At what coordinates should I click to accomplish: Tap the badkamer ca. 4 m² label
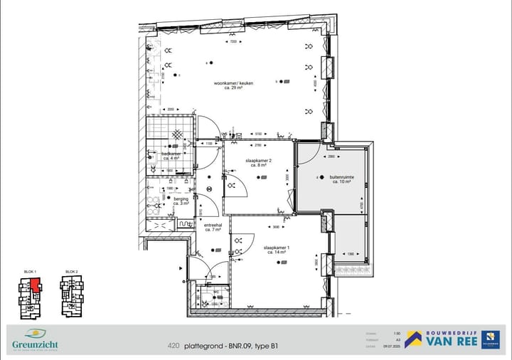coord(171,156)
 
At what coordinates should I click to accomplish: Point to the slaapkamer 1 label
coord(277,249)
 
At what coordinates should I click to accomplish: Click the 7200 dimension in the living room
coord(233,42)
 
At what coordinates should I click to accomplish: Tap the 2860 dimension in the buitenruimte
coord(331,156)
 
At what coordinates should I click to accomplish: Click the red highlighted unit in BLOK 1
coord(34,285)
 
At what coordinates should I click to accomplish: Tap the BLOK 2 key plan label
coord(72,272)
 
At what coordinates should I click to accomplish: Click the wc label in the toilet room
coord(215,292)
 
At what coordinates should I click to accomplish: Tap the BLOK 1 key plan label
coord(30,272)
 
